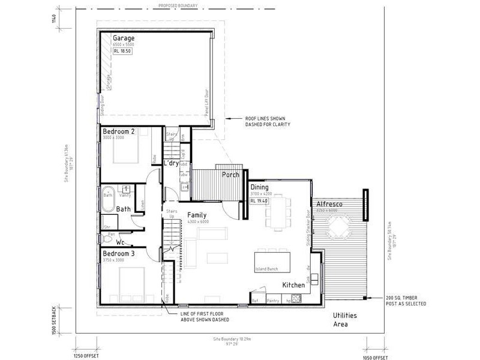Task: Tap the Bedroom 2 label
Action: click(118, 131)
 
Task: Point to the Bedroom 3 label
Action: click(118, 253)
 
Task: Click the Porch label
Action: click(230, 175)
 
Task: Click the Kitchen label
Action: click(293, 285)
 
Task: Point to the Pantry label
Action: click(274, 301)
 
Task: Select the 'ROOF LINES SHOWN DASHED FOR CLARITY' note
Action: click(268, 122)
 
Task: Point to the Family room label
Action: click(197, 214)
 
